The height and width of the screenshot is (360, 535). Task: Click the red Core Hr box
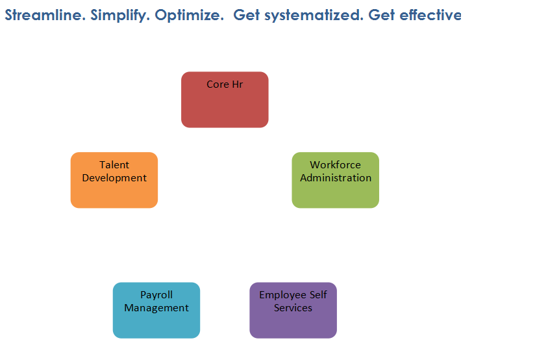225,99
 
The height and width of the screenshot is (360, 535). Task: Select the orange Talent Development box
114,180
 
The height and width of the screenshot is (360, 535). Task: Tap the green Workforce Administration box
336,180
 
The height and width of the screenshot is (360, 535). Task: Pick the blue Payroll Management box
156,310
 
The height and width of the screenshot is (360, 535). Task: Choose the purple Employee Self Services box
293,310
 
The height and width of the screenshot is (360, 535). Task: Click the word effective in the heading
430,15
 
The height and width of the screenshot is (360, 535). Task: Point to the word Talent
114,164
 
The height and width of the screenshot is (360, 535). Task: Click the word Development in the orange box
114,178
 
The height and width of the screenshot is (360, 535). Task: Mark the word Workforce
336,164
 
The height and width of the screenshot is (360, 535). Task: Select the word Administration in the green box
336,177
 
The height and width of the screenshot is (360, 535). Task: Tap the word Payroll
156,295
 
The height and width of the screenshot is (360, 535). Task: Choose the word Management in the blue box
156,309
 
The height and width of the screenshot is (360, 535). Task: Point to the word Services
293,308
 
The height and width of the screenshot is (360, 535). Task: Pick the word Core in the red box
218,84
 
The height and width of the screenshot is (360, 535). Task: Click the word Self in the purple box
318,294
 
